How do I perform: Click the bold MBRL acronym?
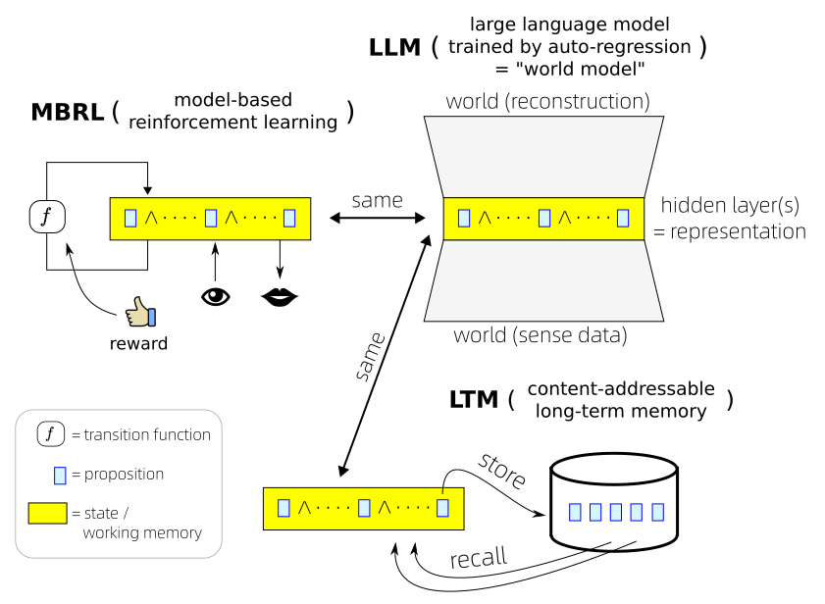click(x=68, y=112)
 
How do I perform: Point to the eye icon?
click(x=215, y=295)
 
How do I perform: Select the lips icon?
click(x=280, y=295)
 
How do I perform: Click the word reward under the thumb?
click(x=138, y=343)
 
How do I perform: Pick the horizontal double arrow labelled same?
click(x=376, y=218)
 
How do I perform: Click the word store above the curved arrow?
click(x=502, y=472)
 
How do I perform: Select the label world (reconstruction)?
click(x=547, y=101)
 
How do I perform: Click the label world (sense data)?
click(x=540, y=336)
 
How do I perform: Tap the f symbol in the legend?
click(x=50, y=433)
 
